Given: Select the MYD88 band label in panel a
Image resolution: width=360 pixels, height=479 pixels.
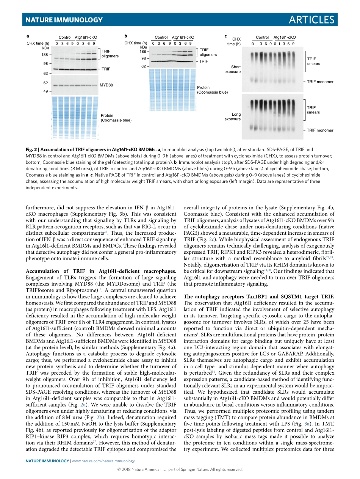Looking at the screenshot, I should [x=106, y=85].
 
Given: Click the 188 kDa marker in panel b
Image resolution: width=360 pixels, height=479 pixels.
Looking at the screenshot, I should [x=143, y=52].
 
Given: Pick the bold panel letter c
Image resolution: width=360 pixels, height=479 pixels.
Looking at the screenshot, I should [x=225, y=36].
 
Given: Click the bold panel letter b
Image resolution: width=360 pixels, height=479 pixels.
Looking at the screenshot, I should [x=125, y=36].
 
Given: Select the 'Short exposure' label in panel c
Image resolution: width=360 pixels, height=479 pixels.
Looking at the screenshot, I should [x=233, y=69].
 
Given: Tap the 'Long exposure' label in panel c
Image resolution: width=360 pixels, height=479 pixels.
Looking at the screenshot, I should [x=233, y=116].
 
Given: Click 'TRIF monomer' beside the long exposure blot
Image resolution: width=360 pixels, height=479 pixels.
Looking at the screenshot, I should [x=320, y=130].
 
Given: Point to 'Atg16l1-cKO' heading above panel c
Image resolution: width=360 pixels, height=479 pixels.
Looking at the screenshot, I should [x=285, y=38].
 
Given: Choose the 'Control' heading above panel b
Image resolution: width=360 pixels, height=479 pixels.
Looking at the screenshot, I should [x=161, y=38].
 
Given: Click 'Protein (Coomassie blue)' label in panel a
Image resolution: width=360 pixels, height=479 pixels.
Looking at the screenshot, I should [x=116, y=118].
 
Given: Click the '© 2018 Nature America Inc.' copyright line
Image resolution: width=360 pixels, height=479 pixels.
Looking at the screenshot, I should [x=180, y=469].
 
